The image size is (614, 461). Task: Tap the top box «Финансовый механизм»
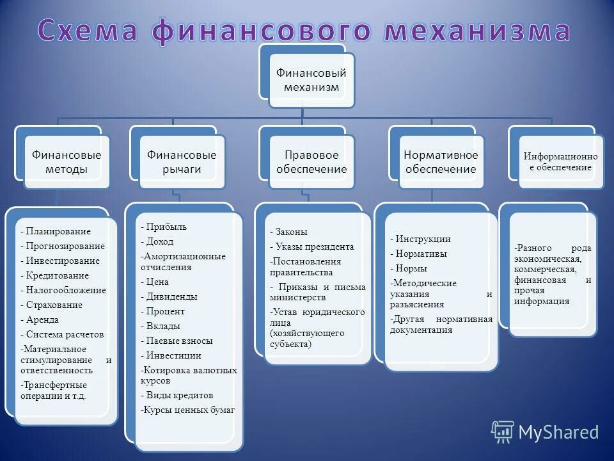tap(311, 81)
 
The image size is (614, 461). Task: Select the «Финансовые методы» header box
tap(67, 162)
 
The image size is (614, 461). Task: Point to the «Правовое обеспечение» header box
tap(311, 162)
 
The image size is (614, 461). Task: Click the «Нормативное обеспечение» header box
tap(441, 162)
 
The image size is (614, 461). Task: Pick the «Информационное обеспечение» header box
tap(561, 162)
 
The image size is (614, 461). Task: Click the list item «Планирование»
tap(58, 231)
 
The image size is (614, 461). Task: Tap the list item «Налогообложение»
tap(66, 290)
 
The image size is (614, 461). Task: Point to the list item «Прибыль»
tap(166, 227)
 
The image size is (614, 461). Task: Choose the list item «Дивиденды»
tap(171, 296)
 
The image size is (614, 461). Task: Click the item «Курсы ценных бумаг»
tap(190, 410)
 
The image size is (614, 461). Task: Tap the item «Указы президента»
tap(314, 247)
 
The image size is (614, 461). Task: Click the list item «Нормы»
tap(411, 268)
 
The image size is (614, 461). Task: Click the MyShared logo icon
tap(502, 432)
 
